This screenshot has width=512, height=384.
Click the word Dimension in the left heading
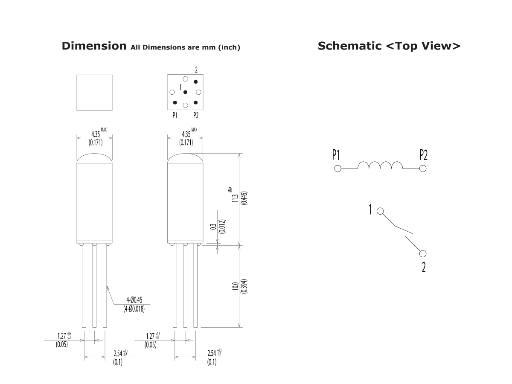pos(94,46)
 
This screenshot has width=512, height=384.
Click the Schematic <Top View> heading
pos(389,46)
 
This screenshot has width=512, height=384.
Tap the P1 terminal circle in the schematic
pos(337,169)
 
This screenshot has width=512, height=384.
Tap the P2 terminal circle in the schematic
pos(422,169)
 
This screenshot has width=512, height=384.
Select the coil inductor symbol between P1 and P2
pos(380,166)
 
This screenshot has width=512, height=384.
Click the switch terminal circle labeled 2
pos(422,254)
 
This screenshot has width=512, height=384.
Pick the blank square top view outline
pos(94,92)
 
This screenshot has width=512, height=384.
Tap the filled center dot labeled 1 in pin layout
pos(185,92)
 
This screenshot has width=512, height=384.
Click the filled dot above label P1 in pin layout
pos(175,103)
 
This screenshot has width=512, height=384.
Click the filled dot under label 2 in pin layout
pos(196,81)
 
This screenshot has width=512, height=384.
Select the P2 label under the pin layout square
pos(196,115)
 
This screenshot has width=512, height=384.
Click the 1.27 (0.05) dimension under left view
pos(63,339)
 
